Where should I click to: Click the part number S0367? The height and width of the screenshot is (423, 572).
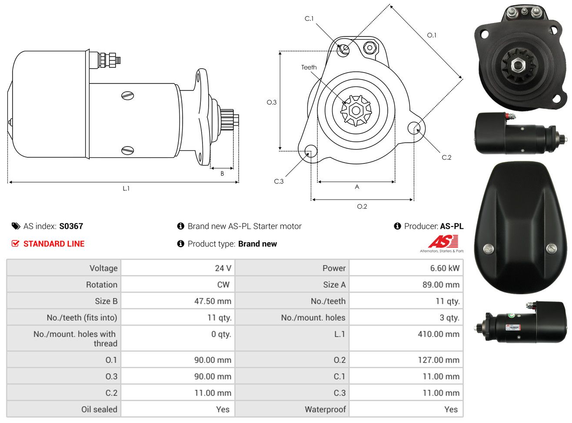coord(71,226)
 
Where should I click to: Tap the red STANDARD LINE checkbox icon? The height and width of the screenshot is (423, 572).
coord(15,243)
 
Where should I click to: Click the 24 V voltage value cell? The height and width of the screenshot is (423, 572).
coord(223,268)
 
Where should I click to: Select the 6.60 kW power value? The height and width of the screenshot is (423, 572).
coord(445,268)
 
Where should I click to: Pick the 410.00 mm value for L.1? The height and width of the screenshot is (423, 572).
coord(439,334)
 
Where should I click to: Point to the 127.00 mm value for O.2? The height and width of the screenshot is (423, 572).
coord(439,360)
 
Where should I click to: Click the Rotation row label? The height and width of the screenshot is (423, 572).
coord(102,285)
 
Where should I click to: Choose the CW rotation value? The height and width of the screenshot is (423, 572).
coord(223,285)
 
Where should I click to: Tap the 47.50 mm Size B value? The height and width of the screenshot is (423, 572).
coord(213,301)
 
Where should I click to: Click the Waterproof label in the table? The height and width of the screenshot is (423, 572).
coord(325,410)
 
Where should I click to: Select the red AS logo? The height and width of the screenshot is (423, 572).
coord(443,241)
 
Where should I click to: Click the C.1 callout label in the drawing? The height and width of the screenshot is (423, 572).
coord(309,19)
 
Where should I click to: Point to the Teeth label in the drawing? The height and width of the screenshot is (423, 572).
coord(309,67)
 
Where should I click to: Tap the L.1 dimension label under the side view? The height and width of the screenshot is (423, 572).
coord(126,189)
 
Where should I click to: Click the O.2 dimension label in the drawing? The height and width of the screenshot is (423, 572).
coord(362,207)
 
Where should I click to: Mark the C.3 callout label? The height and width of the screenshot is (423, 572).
coord(279,182)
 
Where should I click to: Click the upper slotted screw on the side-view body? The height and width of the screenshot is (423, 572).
coord(127,96)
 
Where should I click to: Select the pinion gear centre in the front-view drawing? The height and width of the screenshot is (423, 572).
coord(356,111)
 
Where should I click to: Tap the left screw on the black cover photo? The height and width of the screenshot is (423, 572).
coord(489,249)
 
